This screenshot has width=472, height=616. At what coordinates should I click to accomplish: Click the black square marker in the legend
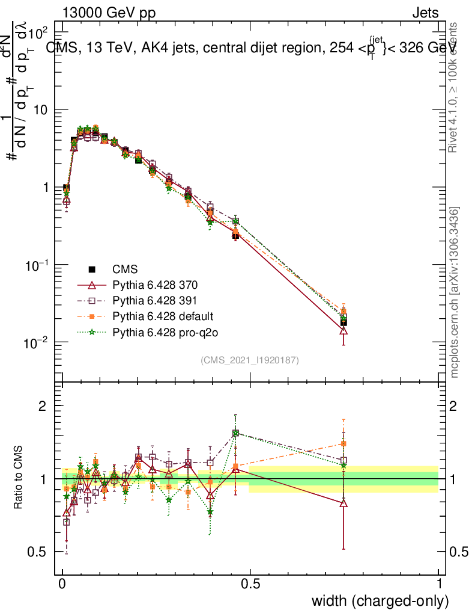tap(92, 269)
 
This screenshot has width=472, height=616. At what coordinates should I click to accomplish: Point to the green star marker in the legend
tap(92, 331)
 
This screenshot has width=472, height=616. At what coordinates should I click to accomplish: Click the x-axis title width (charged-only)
tap(380, 600)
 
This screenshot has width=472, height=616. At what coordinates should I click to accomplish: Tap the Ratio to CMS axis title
tap(18, 476)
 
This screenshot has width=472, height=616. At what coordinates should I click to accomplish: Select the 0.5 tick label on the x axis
tap(250, 584)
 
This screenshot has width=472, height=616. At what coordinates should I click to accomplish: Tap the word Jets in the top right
tap(425, 13)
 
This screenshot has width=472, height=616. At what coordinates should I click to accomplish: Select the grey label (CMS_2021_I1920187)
tap(250, 360)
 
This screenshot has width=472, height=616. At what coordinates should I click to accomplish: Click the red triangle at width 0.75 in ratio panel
tap(343, 503)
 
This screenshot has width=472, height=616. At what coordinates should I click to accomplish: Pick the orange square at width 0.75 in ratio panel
tap(343, 443)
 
